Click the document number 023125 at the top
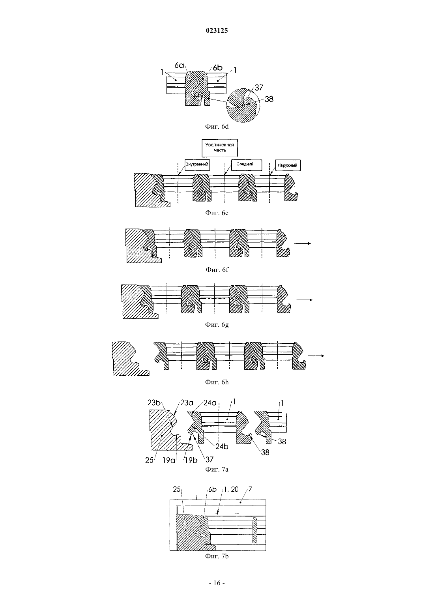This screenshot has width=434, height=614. pos(217,30)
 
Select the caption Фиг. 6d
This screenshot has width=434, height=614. pos(217,126)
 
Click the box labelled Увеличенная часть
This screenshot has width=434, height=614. pos(219,148)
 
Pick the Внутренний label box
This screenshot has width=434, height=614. pos(197,165)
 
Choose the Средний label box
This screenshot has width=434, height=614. pos(246,165)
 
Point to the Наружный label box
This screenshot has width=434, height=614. pos(288,166)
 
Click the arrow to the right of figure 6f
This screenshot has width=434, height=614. pos(302,243)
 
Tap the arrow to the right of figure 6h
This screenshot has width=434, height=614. pos(316,356)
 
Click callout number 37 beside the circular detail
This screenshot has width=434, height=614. pos(259,88)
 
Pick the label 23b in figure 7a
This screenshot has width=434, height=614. pos(154,402)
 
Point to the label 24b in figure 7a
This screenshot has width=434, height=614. pos(222,446)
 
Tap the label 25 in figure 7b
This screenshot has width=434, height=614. pos(177,489)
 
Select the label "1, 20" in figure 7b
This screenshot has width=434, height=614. pos(231,489)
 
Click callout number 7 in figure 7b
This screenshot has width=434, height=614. pos(250,489)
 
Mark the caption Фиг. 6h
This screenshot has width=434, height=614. pos(217,382)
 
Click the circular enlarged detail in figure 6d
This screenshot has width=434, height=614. pos(243,105)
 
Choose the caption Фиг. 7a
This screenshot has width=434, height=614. pos(217,469)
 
